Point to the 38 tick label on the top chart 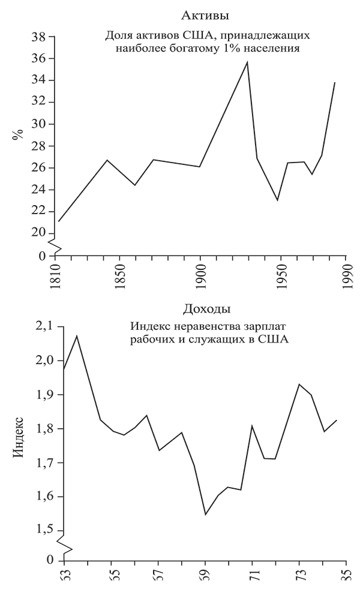pos(39,37)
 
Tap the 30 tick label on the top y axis pos(39,124)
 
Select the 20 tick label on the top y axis pos(39,233)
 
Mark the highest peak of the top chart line pos(247,62)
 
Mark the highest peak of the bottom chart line pos(77,335)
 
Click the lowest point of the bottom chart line pos(205,514)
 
